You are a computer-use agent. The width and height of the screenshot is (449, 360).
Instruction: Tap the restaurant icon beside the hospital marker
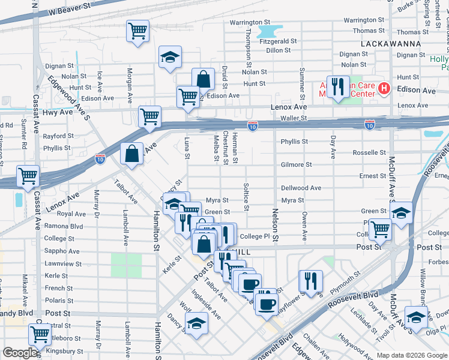pyautogui.click(x=338, y=87)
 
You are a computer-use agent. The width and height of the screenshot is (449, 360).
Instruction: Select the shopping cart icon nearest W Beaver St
pyautogui.click(x=137, y=31)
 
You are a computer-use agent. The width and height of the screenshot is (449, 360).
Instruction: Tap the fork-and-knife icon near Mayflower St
pyautogui.click(x=310, y=281)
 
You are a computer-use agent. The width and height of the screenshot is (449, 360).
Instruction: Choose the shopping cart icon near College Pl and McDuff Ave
pyautogui.click(x=379, y=229)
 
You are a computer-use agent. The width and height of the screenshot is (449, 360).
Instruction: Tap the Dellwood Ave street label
pyautogui.click(x=301, y=188)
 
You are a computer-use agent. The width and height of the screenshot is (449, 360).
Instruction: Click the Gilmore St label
pyautogui.click(x=296, y=164)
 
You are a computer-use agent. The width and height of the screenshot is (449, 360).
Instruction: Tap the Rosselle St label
pyautogui.click(x=369, y=153)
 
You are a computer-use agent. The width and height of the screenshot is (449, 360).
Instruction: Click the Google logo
pyautogui.click(x=20, y=353)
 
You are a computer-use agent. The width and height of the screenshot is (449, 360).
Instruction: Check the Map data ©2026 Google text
pyautogui.click(x=411, y=355)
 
